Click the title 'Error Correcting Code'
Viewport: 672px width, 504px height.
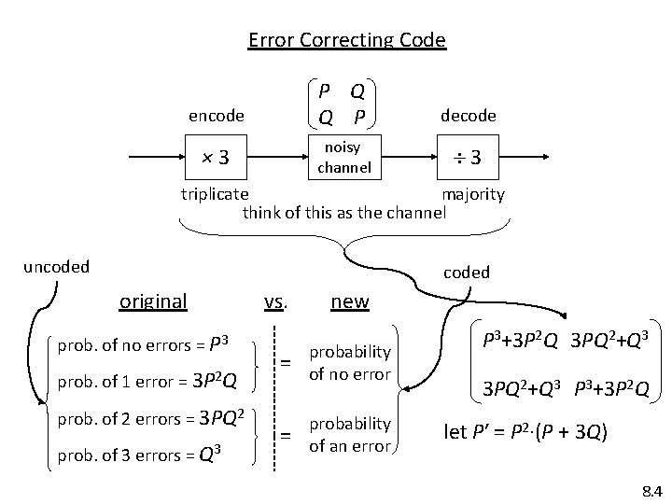(x=346, y=40)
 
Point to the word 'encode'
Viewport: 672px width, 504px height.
(x=216, y=116)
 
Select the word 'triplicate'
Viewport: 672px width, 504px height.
(x=214, y=194)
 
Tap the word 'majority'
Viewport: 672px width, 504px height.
(x=473, y=194)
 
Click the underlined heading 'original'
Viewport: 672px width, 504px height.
(x=153, y=301)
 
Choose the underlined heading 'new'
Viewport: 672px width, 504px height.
(x=350, y=301)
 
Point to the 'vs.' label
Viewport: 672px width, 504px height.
(x=275, y=301)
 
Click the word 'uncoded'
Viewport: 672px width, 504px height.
(x=56, y=266)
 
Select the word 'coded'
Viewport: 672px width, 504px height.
(x=467, y=273)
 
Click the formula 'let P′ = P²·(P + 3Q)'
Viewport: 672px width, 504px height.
(x=527, y=433)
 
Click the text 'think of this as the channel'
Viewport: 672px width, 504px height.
(x=344, y=212)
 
